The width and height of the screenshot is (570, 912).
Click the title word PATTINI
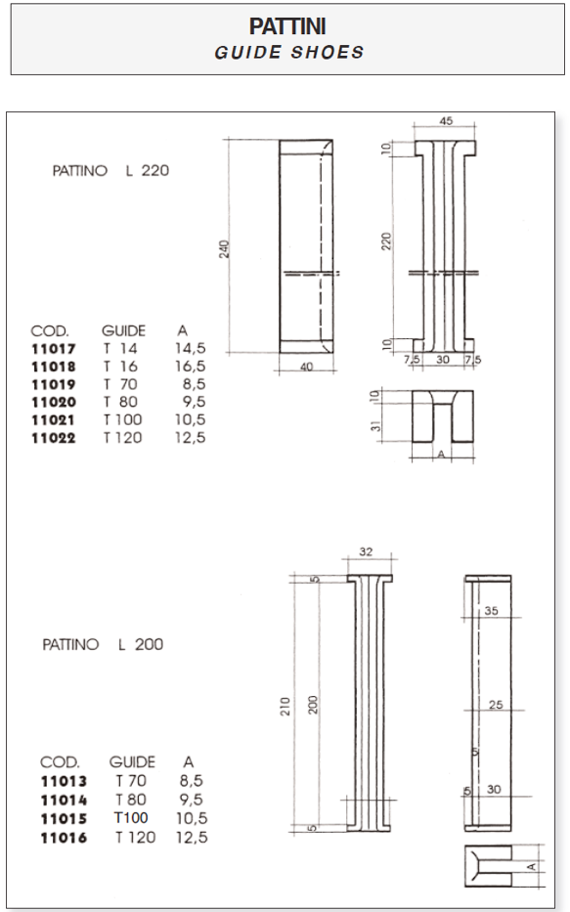pyautogui.click(x=288, y=28)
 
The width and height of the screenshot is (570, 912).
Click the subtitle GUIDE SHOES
pyautogui.click(x=288, y=52)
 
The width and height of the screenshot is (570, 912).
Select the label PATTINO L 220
pyautogui.click(x=110, y=170)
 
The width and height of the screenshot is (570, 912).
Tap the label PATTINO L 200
pyautogui.click(x=103, y=644)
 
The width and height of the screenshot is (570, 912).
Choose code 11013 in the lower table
pyautogui.click(x=64, y=781)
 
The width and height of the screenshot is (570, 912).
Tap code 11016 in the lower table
pyautogui.click(x=64, y=838)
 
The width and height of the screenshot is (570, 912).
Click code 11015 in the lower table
pyautogui.click(x=64, y=818)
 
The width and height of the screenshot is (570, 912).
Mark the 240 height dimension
pyautogui.click(x=224, y=249)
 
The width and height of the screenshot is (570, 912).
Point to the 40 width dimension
pyautogui.click(x=306, y=367)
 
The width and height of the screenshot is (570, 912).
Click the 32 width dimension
pyautogui.click(x=365, y=552)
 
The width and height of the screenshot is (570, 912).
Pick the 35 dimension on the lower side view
pyautogui.click(x=491, y=611)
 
